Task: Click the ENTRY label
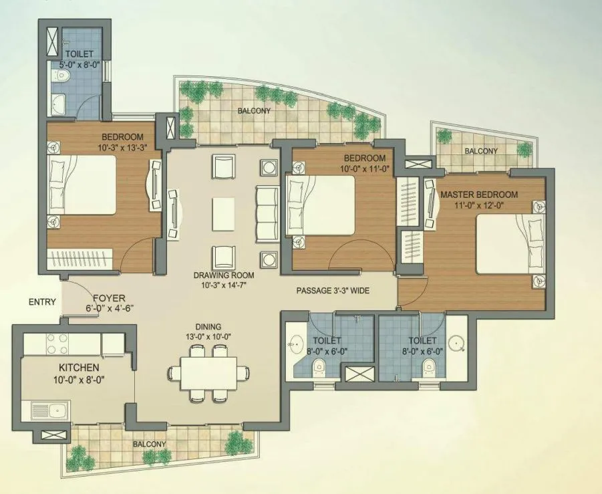pos(42,302)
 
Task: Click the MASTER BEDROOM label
pos(478,195)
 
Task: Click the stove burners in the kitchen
pos(59,342)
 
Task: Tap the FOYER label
pos(109,298)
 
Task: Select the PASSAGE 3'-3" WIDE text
pos(333,291)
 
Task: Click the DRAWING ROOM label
pos(223,275)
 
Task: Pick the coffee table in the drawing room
pos(224,213)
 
